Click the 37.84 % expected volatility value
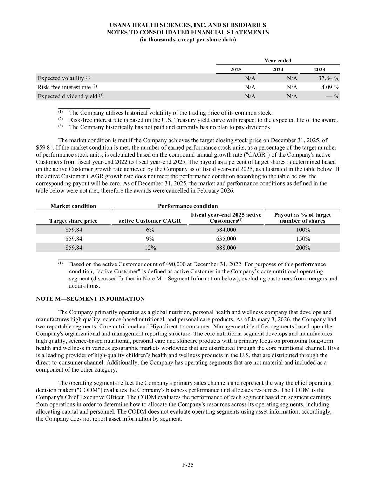(326, 78)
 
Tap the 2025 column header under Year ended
(236, 69)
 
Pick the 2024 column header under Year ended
(278, 69)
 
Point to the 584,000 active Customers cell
(226, 230)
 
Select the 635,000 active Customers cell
(226, 239)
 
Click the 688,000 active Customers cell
(226, 248)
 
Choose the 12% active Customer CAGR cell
(150, 248)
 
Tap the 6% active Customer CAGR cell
(150, 230)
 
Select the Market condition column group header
(73, 206)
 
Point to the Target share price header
(73, 221)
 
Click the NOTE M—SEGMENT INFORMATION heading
(90, 299)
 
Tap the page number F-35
(188, 465)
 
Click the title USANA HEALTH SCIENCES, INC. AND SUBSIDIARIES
(188, 25)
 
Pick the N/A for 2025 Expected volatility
(250, 78)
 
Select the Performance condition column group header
(188, 206)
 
